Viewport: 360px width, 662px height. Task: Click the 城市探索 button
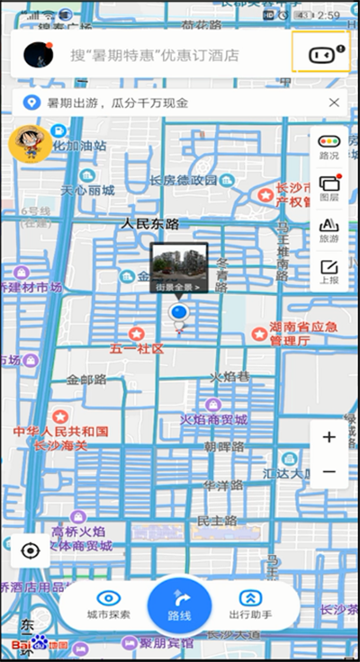pyautogui.click(x=109, y=604)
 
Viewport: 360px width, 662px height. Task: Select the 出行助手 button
pyautogui.click(x=250, y=604)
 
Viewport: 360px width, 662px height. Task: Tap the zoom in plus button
pyautogui.click(x=328, y=438)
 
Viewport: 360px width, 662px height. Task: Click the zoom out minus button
pyautogui.click(x=328, y=471)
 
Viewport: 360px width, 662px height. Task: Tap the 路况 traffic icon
pyautogui.click(x=329, y=147)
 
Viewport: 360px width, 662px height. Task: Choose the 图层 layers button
pyautogui.click(x=329, y=188)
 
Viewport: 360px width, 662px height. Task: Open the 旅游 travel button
pyautogui.click(x=329, y=229)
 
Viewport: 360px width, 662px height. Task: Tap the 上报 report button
pyautogui.click(x=329, y=271)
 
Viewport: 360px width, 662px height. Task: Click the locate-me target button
pyautogui.click(x=31, y=550)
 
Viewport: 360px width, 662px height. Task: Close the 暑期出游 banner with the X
pyautogui.click(x=334, y=103)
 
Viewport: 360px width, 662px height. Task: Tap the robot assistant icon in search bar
pyautogui.click(x=320, y=54)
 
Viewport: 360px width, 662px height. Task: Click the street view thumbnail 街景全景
pyautogui.click(x=179, y=267)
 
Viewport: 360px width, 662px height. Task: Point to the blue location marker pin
pyautogui.click(x=179, y=314)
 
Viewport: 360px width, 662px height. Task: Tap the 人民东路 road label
pyautogui.click(x=150, y=223)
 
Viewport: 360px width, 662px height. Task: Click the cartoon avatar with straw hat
pyautogui.click(x=30, y=144)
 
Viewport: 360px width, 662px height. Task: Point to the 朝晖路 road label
pyautogui.click(x=224, y=447)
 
